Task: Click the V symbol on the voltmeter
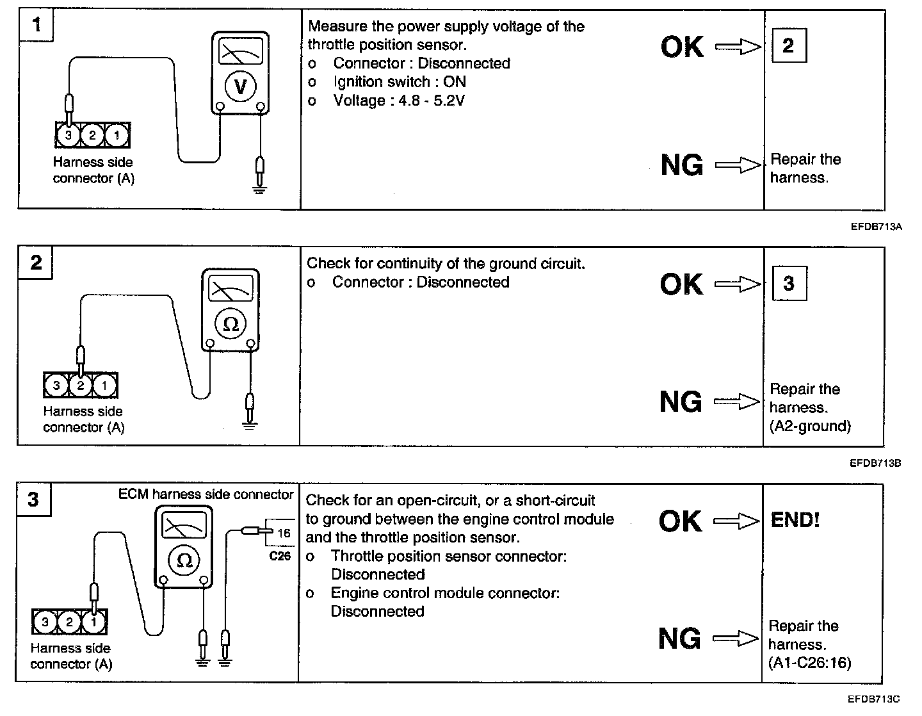pos(240,86)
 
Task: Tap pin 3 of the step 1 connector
pos(69,135)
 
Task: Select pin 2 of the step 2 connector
pos(81,385)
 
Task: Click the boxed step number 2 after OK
pos(788,45)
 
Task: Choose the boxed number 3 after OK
pos(789,283)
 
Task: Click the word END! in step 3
pos(795,520)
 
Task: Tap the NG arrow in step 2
pos(736,402)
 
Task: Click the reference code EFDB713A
pos(876,226)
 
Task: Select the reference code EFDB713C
pos(875,699)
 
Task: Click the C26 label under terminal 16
pos(280,556)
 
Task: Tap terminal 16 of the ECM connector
pos(284,533)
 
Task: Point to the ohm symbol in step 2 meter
pos(230,324)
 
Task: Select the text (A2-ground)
pos(810,426)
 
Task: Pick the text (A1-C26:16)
pos(810,663)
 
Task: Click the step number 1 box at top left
pos(36,26)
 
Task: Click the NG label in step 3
pos(680,639)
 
